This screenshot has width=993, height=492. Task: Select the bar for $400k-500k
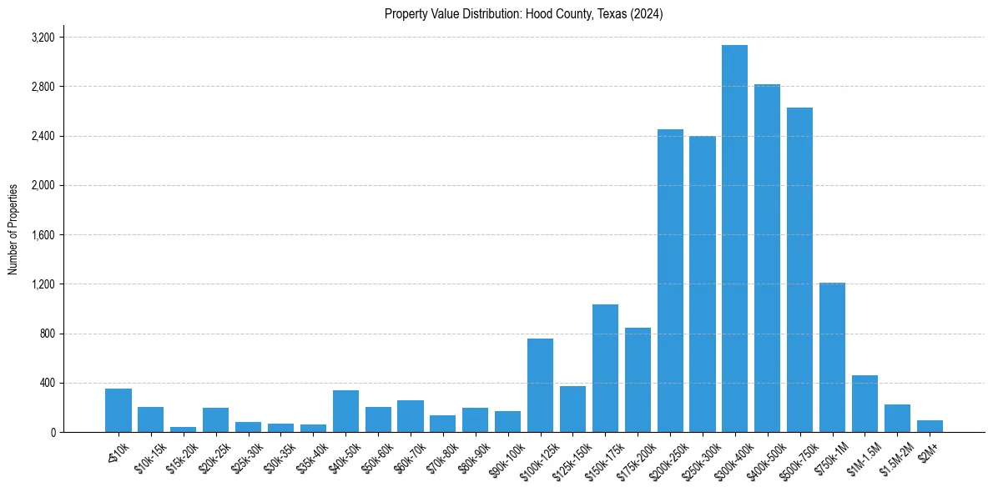pos(767,259)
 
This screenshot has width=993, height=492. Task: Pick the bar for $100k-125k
pos(540,385)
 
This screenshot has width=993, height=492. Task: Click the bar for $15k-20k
pos(183,429)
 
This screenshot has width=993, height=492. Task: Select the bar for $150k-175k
pos(605,368)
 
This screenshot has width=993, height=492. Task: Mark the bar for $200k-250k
pos(670,280)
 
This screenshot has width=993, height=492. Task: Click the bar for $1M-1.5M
pos(864,404)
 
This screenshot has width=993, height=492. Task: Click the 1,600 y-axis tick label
pos(43,235)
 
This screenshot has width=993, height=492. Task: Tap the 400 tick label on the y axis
pos(47,383)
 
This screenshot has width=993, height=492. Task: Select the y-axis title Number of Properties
pos(13,228)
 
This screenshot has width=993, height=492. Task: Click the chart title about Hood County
pos(523,14)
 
